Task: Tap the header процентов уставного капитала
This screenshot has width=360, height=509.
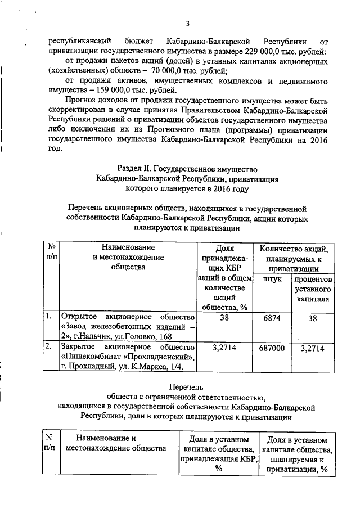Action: pos(312,289)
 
